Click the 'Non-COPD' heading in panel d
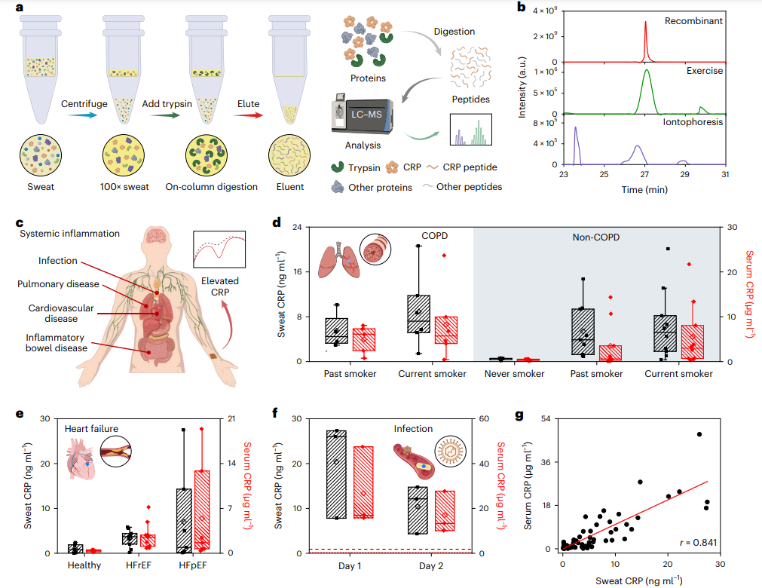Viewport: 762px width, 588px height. (x=595, y=235)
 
